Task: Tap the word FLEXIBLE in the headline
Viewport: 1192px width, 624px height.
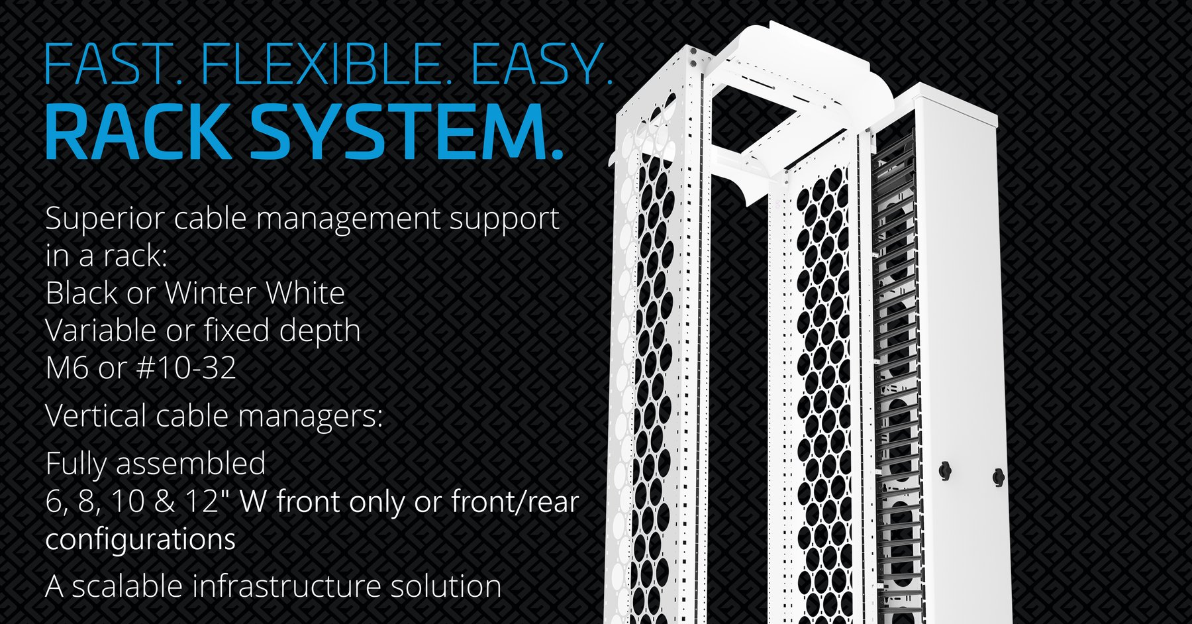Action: [x=321, y=64]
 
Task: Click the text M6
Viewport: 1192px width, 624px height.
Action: [x=67, y=368]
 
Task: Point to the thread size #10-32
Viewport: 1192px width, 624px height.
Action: [x=186, y=368]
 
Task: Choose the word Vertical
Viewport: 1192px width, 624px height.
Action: [x=95, y=416]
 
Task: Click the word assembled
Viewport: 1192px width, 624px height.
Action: [x=191, y=464]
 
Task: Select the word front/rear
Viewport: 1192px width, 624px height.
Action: [x=515, y=501]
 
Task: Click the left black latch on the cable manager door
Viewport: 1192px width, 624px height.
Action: [x=945, y=470]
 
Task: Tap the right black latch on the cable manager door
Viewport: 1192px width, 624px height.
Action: [x=998, y=476]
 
